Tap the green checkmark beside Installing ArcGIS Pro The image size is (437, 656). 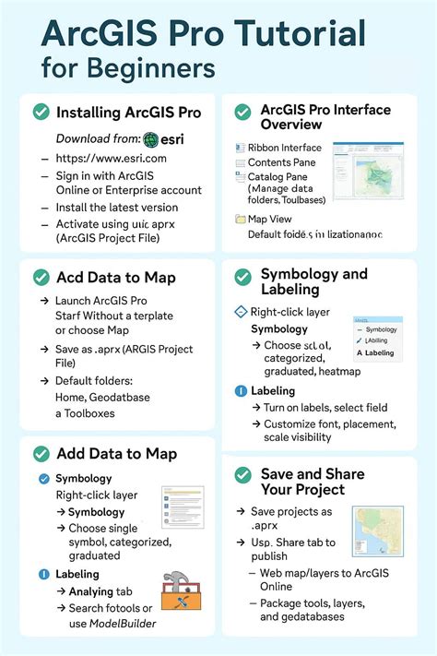click(41, 112)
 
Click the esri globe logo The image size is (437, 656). click(153, 139)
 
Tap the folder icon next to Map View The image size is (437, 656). click(240, 219)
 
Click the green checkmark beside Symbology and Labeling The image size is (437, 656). click(242, 277)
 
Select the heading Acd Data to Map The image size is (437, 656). click(115, 277)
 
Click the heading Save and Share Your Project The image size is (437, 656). click(312, 481)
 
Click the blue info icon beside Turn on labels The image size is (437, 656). click(242, 390)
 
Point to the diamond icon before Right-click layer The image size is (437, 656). click(242, 312)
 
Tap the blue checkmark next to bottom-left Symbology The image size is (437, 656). click(43, 478)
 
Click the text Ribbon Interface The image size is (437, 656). click(284, 148)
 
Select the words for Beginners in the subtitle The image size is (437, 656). click(128, 68)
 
